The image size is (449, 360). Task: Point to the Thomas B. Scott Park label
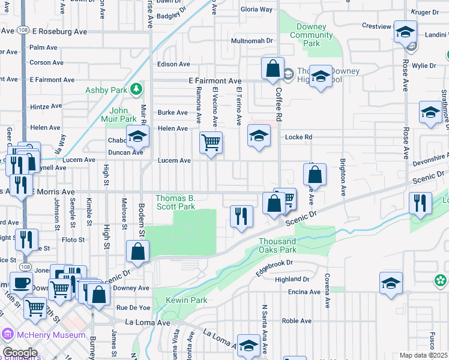[175, 202]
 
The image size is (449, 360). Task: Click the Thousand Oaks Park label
[278, 245]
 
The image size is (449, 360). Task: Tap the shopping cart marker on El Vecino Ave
[211, 143]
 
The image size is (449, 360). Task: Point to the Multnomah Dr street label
[253, 41]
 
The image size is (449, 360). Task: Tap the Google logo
[20, 353]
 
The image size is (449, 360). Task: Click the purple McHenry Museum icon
[7, 333]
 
